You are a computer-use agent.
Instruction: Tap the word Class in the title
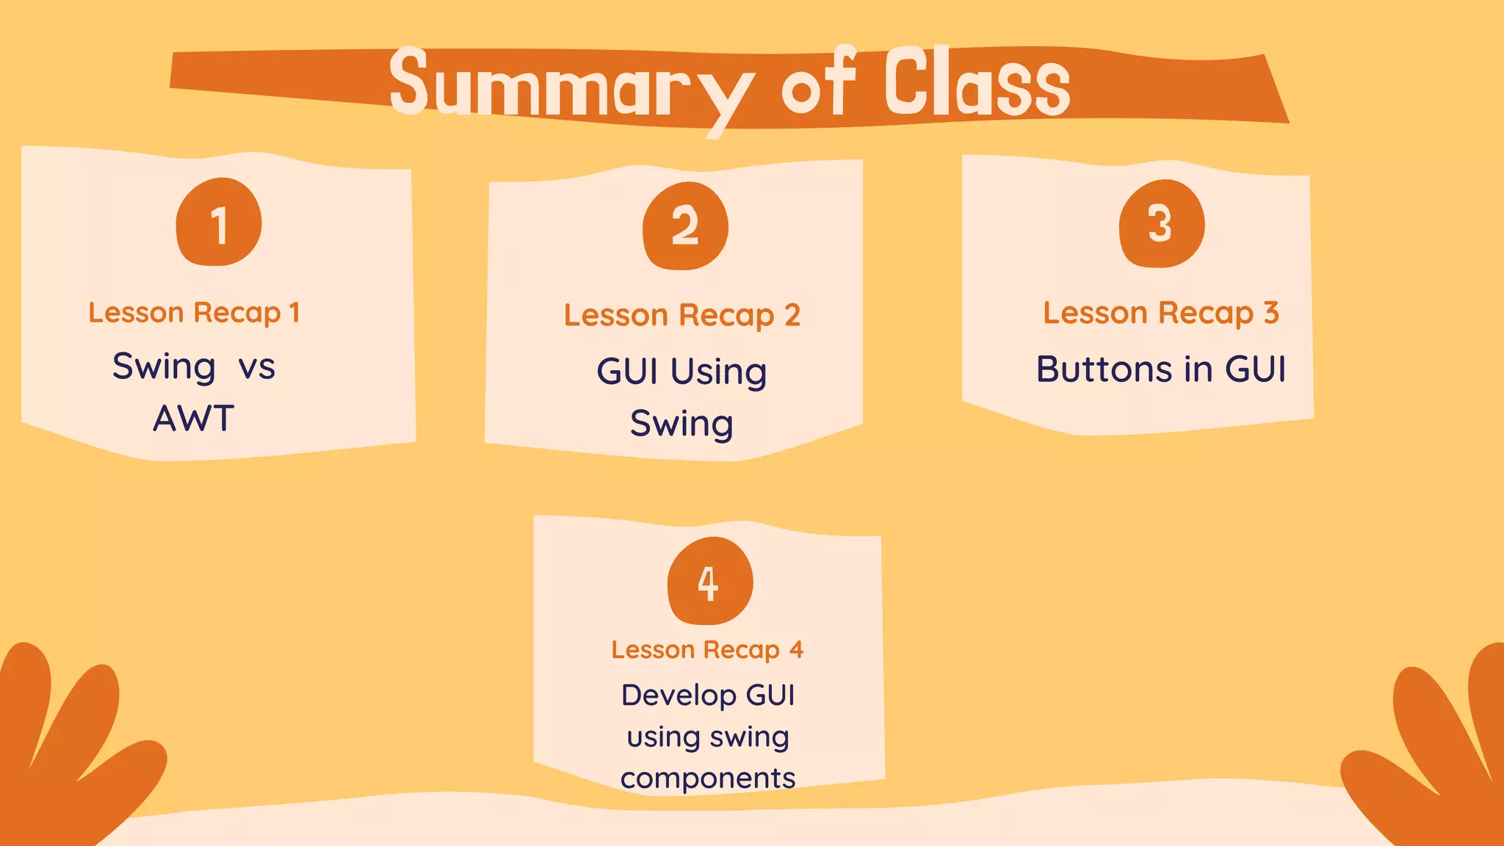tap(977, 82)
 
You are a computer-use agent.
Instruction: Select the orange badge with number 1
tap(219, 223)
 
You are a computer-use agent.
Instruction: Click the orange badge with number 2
tap(685, 225)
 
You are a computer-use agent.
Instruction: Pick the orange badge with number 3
tap(1162, 223)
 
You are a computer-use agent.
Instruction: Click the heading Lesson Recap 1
tap(194, 313)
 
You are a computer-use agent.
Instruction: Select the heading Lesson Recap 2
tap(681, 316)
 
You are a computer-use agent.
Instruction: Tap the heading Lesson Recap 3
tap(1161, 314)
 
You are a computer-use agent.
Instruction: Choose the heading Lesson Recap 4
tap(707, 650)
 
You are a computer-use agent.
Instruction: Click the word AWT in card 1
tap(193, 419)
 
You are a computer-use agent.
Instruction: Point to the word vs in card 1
tap(256, 366)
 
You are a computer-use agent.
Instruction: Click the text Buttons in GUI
tap(1160, 369)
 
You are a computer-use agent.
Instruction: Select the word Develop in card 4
tap(679, 695)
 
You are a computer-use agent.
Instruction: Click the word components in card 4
tap(707, 778)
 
